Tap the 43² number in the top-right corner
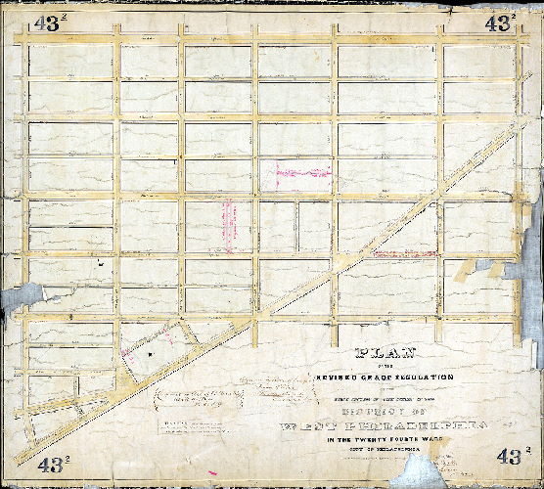500,23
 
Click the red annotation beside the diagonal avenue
396,254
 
